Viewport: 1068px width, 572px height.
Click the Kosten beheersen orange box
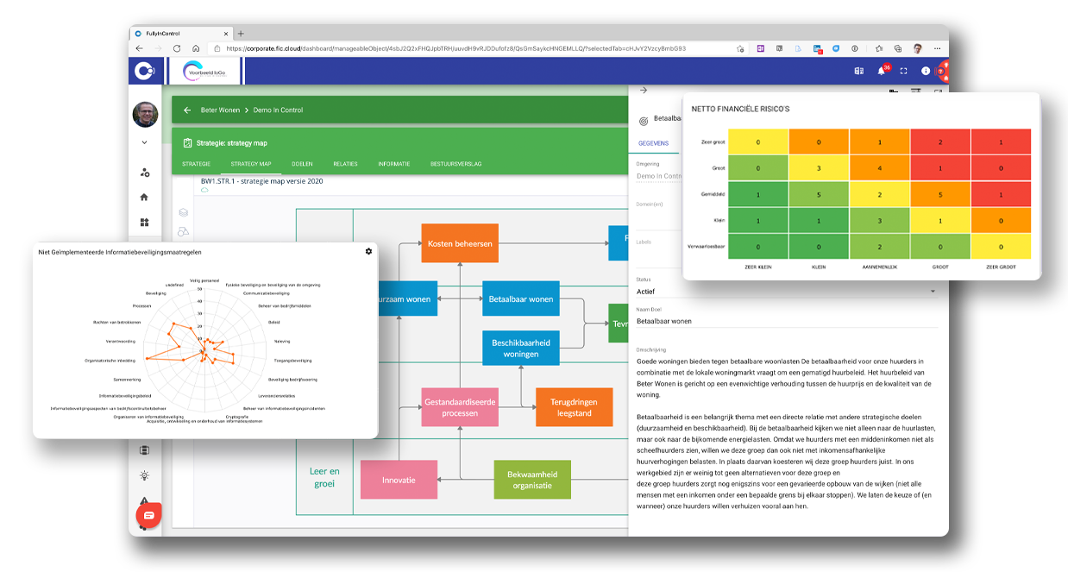[460, 244]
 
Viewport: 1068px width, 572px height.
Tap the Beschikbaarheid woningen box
[521, 349]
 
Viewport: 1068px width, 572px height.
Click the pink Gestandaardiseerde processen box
[460, 408]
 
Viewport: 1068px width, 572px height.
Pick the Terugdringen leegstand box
[574, 408]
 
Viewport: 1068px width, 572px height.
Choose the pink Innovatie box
[399, 480]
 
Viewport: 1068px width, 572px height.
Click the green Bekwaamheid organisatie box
[532, 480]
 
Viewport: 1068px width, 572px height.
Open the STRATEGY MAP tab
[251, 164]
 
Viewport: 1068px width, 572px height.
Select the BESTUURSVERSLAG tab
[455, 164]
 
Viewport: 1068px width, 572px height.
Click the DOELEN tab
[302, 164]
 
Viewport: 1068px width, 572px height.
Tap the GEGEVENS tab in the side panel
[652, 143]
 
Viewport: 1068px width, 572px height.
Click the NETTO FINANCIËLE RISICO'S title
[740, 110]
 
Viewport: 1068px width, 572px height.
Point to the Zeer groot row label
[713, 142]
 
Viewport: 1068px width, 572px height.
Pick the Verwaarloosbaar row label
[707, 246]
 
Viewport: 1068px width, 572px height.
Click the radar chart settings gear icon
[368, 251]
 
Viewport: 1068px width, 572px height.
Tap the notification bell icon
[882, 72]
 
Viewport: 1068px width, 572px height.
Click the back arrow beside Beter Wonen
[187, 110]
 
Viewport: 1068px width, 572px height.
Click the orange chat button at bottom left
[148, 515]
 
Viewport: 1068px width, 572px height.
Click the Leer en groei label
[324, 478]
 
